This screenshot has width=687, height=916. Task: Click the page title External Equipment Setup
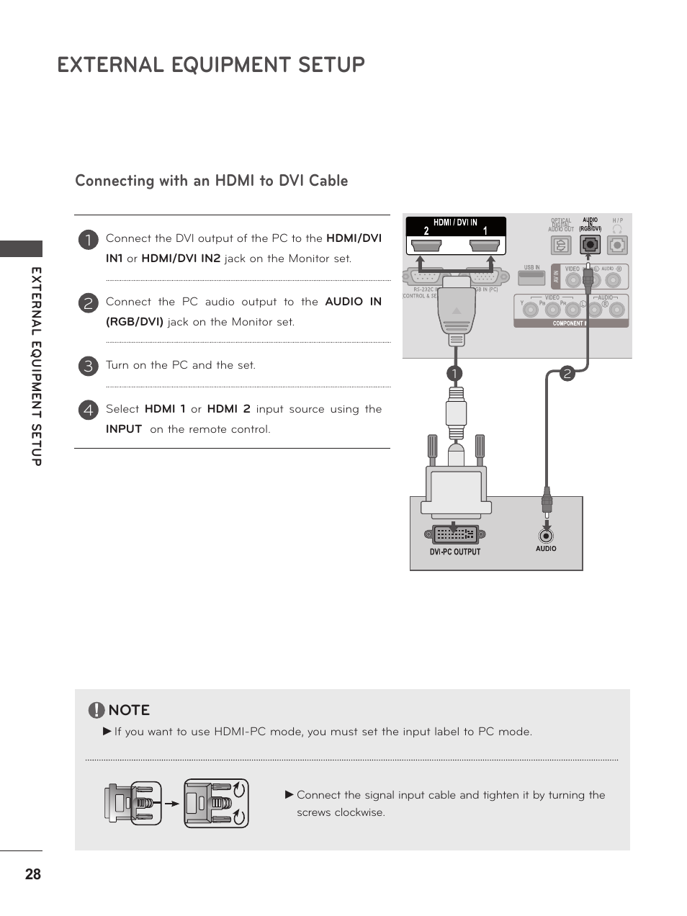(x=211, y=65)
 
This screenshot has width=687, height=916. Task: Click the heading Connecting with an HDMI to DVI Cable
(x=211, y=181)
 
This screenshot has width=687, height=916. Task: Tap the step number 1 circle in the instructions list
(x=88, y=240)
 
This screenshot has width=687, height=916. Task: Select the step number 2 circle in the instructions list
(x=88, y=303)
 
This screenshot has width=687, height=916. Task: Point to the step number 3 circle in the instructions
(x=88, y=366)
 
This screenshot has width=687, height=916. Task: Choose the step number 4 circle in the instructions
(x=88, y=410)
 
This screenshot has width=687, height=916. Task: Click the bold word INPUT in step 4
(x=124, y=429)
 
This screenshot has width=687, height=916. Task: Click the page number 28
(x=33, y=874)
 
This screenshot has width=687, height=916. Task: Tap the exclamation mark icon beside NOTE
(x=96, y=711)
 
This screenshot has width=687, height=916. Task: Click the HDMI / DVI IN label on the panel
(x=455, y=223)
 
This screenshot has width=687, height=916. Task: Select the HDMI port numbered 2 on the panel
(x=426, y=246)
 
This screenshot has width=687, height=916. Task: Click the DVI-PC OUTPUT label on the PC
(x=454, y=552)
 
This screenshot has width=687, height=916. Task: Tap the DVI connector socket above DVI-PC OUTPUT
(x=455, y=534)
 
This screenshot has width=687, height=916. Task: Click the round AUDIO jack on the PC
(x=547, y=536)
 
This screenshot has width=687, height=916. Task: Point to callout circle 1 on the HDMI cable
(x=454, y=373)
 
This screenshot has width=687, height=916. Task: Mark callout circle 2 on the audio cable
(x=567, y=373)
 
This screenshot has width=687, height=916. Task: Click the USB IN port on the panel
(x=531, y=277)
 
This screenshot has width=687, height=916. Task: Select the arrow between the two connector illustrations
(x=171, y=804)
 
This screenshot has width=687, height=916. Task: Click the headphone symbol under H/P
(x=617, y=230)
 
